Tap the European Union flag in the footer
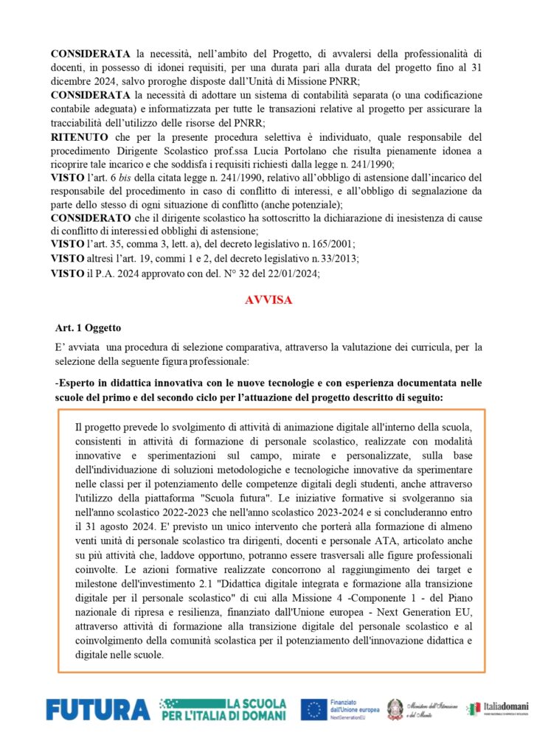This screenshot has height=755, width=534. [314, 709]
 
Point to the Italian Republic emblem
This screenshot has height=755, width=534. [397, 709]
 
